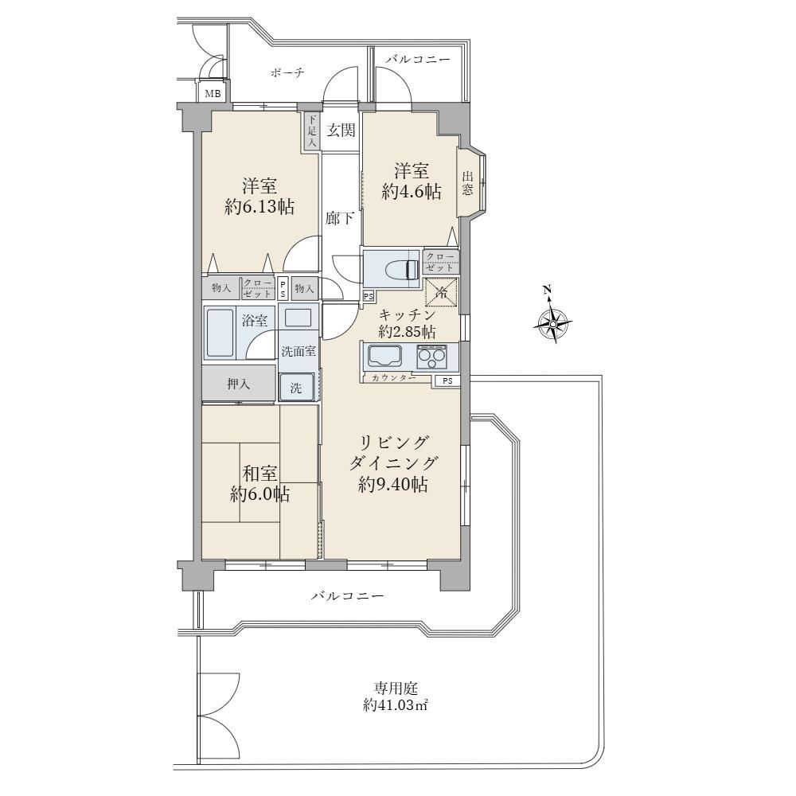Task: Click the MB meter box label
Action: click(x=213, y=93)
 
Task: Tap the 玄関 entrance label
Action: click(x=341, y=131)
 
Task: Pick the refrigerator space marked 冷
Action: click(x=442, y=292)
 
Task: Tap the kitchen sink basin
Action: click(x=384, y=355)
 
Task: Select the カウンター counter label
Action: click(x=394, y=377)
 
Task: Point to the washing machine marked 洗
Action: click(x=296, y=388)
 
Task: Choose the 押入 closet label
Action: click(x=238, y=384)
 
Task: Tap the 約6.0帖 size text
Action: click(x=260, y=494)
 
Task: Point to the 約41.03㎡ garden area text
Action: click(x=396, y=704)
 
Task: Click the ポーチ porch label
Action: click(x=287, y=72)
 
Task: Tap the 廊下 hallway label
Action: click(x=340, y=218)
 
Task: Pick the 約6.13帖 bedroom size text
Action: click(x=259, y=207)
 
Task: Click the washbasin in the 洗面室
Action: click(x=298, y=318)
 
